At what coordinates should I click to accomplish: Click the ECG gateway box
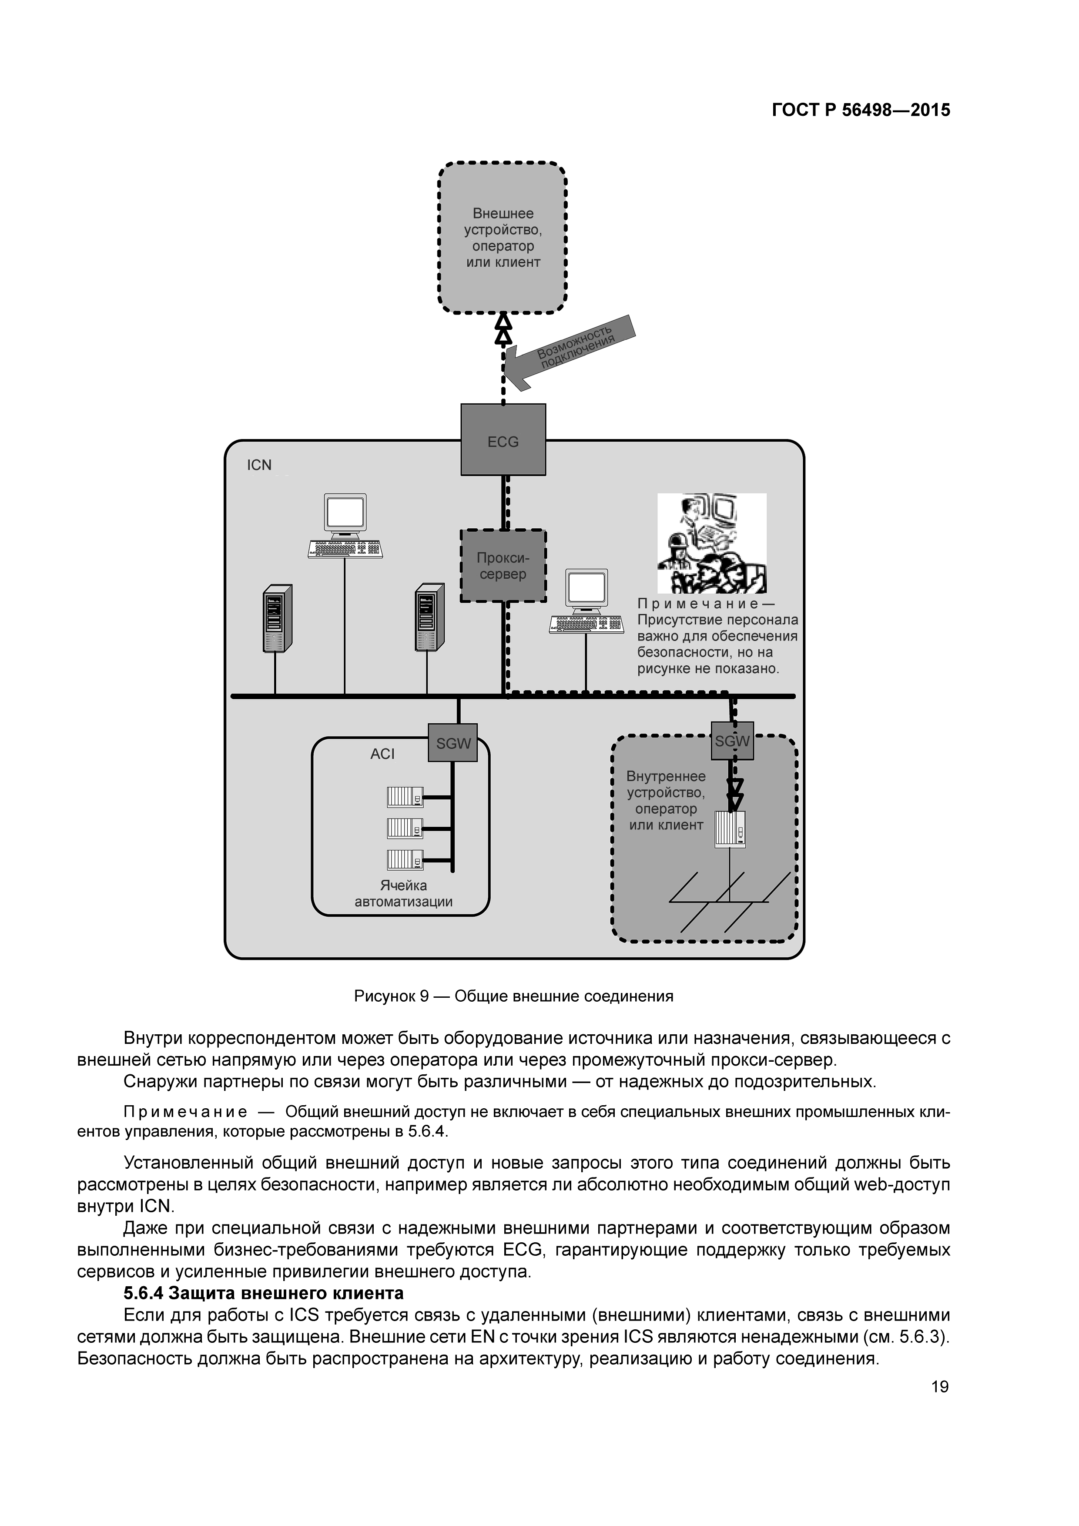[x=503, y=439]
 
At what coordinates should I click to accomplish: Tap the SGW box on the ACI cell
[x=453, y=743]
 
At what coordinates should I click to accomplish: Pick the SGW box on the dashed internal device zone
[x=732, y=741]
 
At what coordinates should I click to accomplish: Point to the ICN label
[x=259, y=465]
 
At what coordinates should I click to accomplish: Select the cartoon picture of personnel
[x=712, y=543]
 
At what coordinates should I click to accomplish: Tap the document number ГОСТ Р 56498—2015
[x=861, y=111]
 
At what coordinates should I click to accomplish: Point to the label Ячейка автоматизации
[x=403, y=894]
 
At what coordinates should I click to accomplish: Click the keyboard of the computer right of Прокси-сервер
[x=586, y=624]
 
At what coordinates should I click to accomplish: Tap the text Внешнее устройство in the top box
[x=503, y=222]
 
